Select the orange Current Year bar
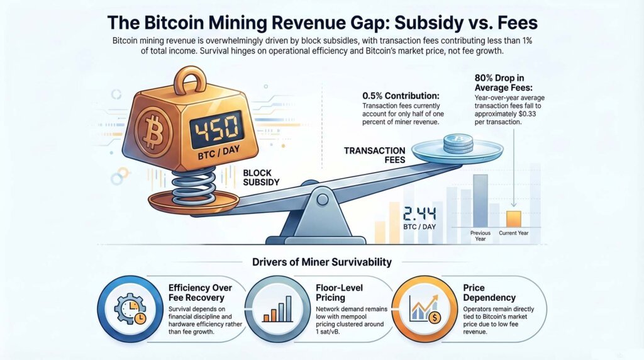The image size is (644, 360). click(514, 218)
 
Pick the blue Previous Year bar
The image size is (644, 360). click(480, 200)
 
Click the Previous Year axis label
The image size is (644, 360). click(480, 236)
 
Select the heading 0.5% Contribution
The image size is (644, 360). click(401, 96)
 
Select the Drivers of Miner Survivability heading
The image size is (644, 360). click(321, 262)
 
